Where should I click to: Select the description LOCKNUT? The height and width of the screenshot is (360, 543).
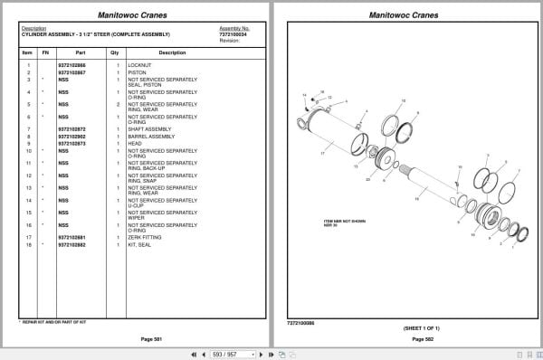click(140, 65)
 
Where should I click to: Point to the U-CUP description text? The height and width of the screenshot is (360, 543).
click(137, 205)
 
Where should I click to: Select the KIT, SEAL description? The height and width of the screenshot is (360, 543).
click(141, 244)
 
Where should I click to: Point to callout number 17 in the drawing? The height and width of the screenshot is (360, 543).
click(321, 156)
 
